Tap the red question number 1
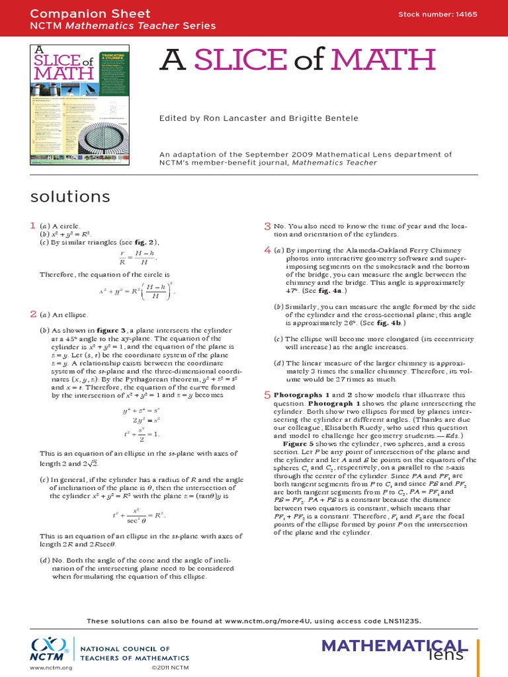[32, 226]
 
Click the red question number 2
[32, 314]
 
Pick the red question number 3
[267, 226]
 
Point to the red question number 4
[267, 250]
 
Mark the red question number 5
[267, 395]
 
